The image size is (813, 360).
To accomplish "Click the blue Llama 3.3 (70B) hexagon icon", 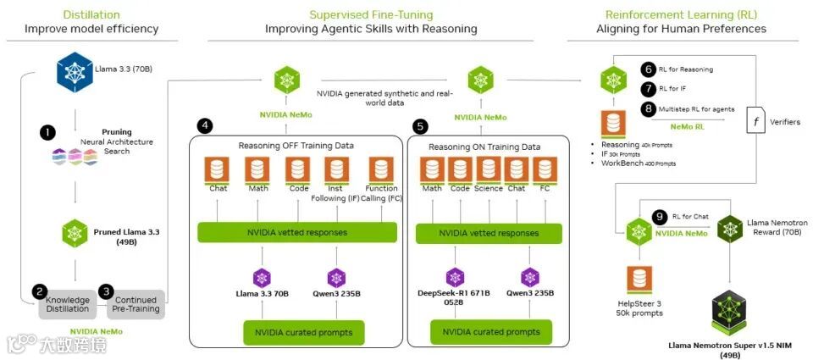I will point(75,71).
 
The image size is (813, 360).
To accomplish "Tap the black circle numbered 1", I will point(47,133).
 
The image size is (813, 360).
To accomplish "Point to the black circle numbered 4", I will point(205,125).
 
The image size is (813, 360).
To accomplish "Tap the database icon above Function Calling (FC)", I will point(380,172).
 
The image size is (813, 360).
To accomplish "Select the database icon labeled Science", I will point(488,172).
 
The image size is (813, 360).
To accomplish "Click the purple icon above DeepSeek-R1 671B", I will point(455,277).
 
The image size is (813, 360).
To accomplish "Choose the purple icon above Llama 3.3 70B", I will point(262,277).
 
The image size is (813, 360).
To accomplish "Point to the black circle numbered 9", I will point(661,216).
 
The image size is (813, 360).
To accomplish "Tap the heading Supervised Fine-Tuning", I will point(371,14).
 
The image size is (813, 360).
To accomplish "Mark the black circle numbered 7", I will point(649,88).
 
